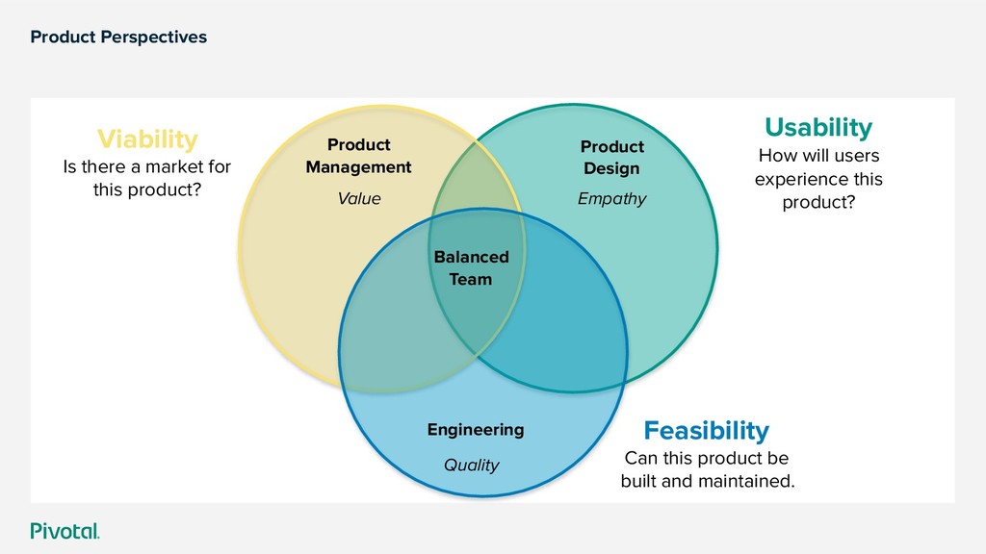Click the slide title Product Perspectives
click(118, 38)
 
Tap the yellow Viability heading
click(147, 139)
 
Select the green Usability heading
click(817, 127)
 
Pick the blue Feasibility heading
click(706, 430)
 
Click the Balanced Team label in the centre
click(471, 268)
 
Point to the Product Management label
click(358, 156)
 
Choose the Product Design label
click(611, 158)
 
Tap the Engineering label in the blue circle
click(476, 430)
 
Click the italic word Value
click(358, 199)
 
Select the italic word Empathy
click(611, 199)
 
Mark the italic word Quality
click(471, 466)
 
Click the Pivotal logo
click(65, 531)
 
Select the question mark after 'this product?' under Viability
click(196, 190)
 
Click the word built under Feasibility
click(638, 481)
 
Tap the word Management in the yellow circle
click(358, 167)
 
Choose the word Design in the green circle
click(611, 169)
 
